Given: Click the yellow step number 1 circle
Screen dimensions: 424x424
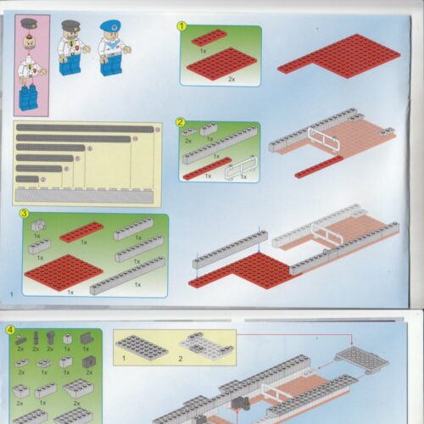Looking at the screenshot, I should click(181, 25).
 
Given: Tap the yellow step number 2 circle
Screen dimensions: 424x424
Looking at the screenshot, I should click(181, 121).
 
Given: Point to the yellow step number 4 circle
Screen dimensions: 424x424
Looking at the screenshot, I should click(9, 329).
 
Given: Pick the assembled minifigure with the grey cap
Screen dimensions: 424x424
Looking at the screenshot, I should click(70, 48).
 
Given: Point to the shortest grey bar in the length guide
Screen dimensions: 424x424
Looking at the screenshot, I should click(27, 179).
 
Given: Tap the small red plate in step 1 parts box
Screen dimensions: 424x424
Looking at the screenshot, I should click(208, 36).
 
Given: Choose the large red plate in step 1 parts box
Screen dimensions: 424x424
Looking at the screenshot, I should click(222, 64).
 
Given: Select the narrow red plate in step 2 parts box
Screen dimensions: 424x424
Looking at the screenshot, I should click(206, 169).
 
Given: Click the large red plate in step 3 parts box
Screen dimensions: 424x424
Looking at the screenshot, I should click(63, 272).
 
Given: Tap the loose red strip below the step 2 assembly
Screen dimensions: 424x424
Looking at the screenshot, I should click(319, 166).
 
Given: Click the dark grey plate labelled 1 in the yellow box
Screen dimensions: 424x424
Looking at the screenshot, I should click(142, 345).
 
